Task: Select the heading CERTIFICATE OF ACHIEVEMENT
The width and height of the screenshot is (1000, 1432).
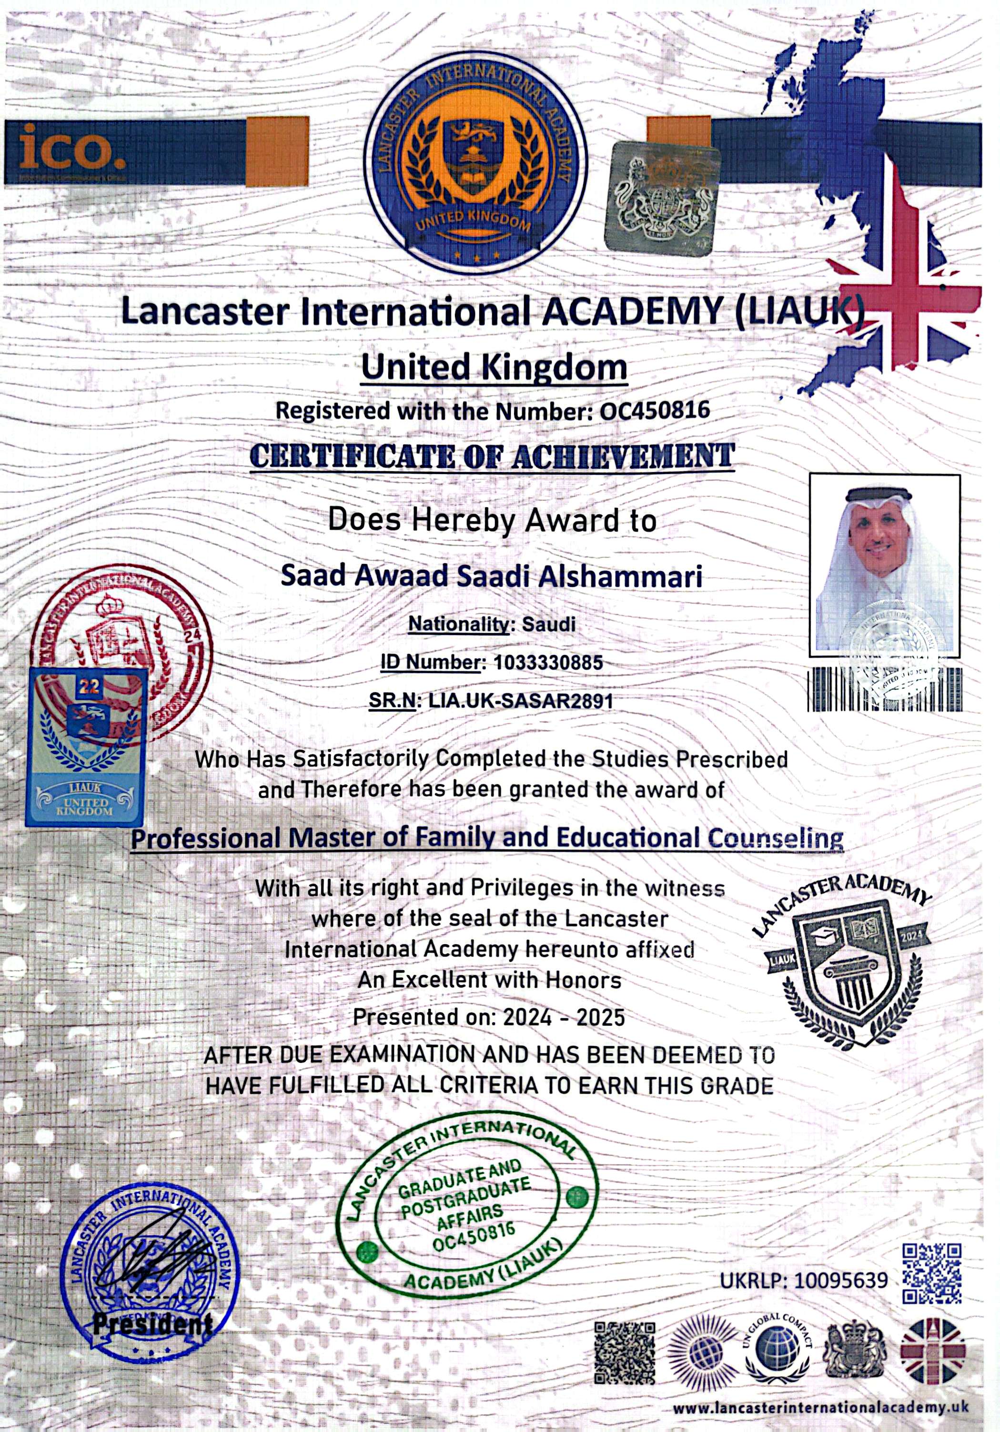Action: pyautogui.click(x=492, y=456)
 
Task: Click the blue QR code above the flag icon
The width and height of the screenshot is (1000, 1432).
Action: pyautogui.click(x=932, y=1273)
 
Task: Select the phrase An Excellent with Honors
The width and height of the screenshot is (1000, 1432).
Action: pyautogui.click(x=489, y=980)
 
